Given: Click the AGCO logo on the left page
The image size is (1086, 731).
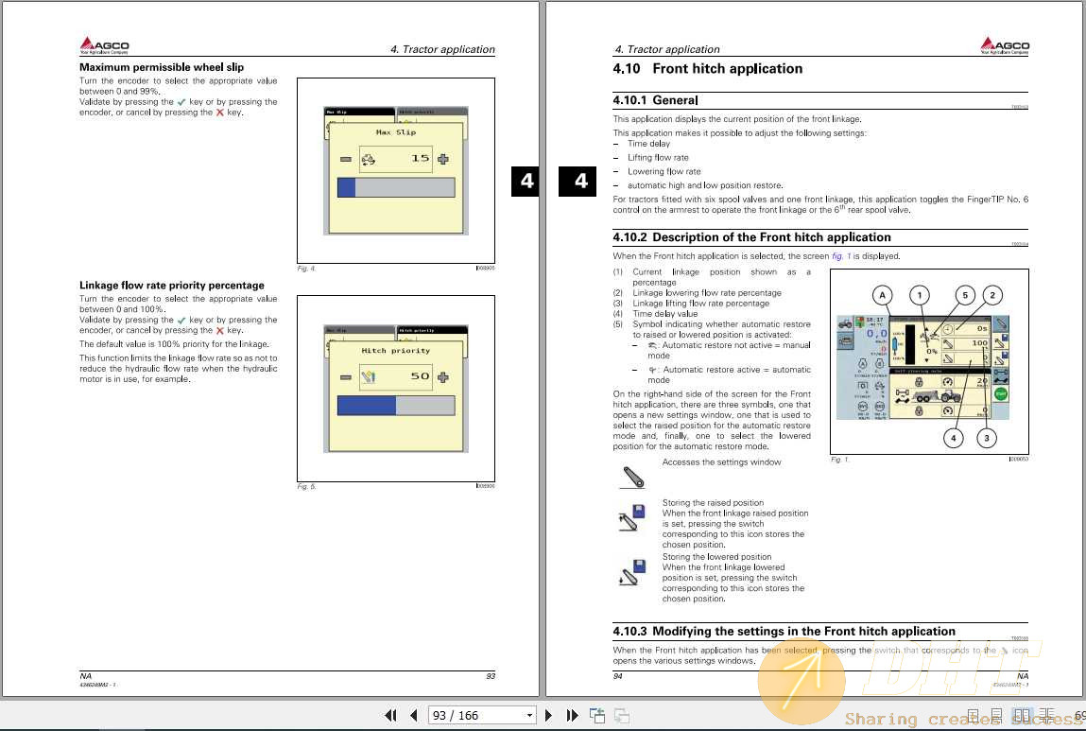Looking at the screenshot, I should click(x=104, y=45).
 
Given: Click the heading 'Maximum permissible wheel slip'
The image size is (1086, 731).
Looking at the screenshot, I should click(x=162, y=67).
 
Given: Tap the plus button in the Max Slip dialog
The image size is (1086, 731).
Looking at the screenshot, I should click(x=443, y=159).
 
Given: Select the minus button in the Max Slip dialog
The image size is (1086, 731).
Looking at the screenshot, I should click(x=346, y=159).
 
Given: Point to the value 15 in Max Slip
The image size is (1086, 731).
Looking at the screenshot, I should click(x=420, y=159).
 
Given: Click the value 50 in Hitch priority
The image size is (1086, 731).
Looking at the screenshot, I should click(x=420, y=376).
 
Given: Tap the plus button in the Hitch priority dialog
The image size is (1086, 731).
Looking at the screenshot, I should click(x=443, y=376).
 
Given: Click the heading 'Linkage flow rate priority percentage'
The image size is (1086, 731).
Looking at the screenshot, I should click(x=172, y=285).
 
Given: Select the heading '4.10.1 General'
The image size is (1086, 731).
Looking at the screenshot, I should click(x=655, y=100).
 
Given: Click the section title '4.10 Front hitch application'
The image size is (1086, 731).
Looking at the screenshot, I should click(x=708, y=69).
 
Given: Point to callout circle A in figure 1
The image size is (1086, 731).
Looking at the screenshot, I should click(x=882, y=296).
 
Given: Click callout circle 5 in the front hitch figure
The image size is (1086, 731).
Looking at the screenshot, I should click(x=964, y=295).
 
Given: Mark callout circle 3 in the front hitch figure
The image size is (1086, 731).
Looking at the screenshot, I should click(x=987, y=437).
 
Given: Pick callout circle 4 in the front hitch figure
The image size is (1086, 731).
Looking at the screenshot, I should click(x=954, y=437).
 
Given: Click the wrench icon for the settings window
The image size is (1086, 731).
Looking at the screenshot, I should click(x=631, y=476).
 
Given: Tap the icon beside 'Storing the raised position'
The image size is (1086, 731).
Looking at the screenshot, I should click(x=631, y=517).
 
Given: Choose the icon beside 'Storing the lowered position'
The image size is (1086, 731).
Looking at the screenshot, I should click(x=631, y=571).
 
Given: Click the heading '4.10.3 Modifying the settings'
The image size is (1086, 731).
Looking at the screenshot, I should click(x=784, y=631).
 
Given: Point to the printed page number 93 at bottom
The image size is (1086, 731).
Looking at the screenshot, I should click(x=490, y=676).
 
